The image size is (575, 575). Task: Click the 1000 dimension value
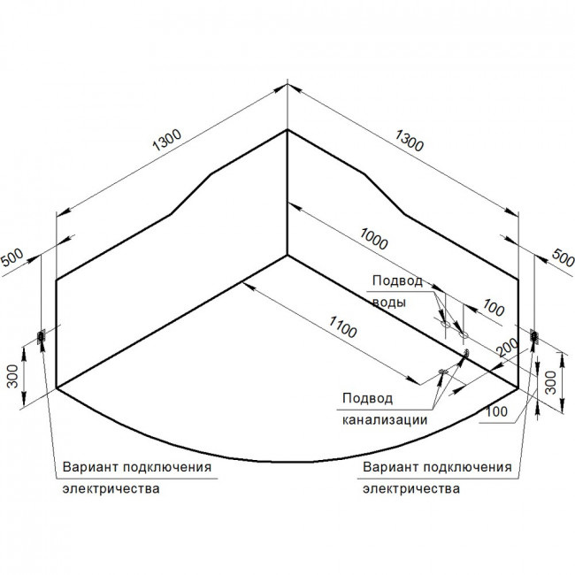click(x=373, y=239)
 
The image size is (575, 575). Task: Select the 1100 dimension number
click(x=342, y=326)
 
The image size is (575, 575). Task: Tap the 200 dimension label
click(x=508, y=348)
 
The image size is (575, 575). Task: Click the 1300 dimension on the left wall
click(x=167, y=140)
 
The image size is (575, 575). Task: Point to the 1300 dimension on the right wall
click(x=409, y=141)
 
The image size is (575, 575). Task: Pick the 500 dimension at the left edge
click(x=12, y=257)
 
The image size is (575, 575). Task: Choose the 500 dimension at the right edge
click(x=563, y=257)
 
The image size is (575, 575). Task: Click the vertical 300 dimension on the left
click(x=13, y=376)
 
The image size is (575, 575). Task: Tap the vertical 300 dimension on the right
click(x=551, y=382)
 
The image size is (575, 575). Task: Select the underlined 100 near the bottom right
click(x=496, y=412)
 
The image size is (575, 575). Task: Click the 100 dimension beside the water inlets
click(x=494, y=308)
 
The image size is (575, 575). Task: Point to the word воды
click(x=389, y=303)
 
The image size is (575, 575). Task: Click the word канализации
click(x=385, y=420)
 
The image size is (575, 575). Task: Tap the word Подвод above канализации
click(x=367, y=398)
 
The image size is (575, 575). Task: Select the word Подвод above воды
click(x=397, y=281)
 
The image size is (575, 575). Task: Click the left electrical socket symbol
click(x=41, y=336)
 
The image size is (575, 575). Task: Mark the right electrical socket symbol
click(x=534, y=336)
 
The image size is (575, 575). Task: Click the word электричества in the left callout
click(x=111, y=489)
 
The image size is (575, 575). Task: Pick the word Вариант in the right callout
click(x=391, y=467)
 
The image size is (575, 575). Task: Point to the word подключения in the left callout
click(x=167, y=468)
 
